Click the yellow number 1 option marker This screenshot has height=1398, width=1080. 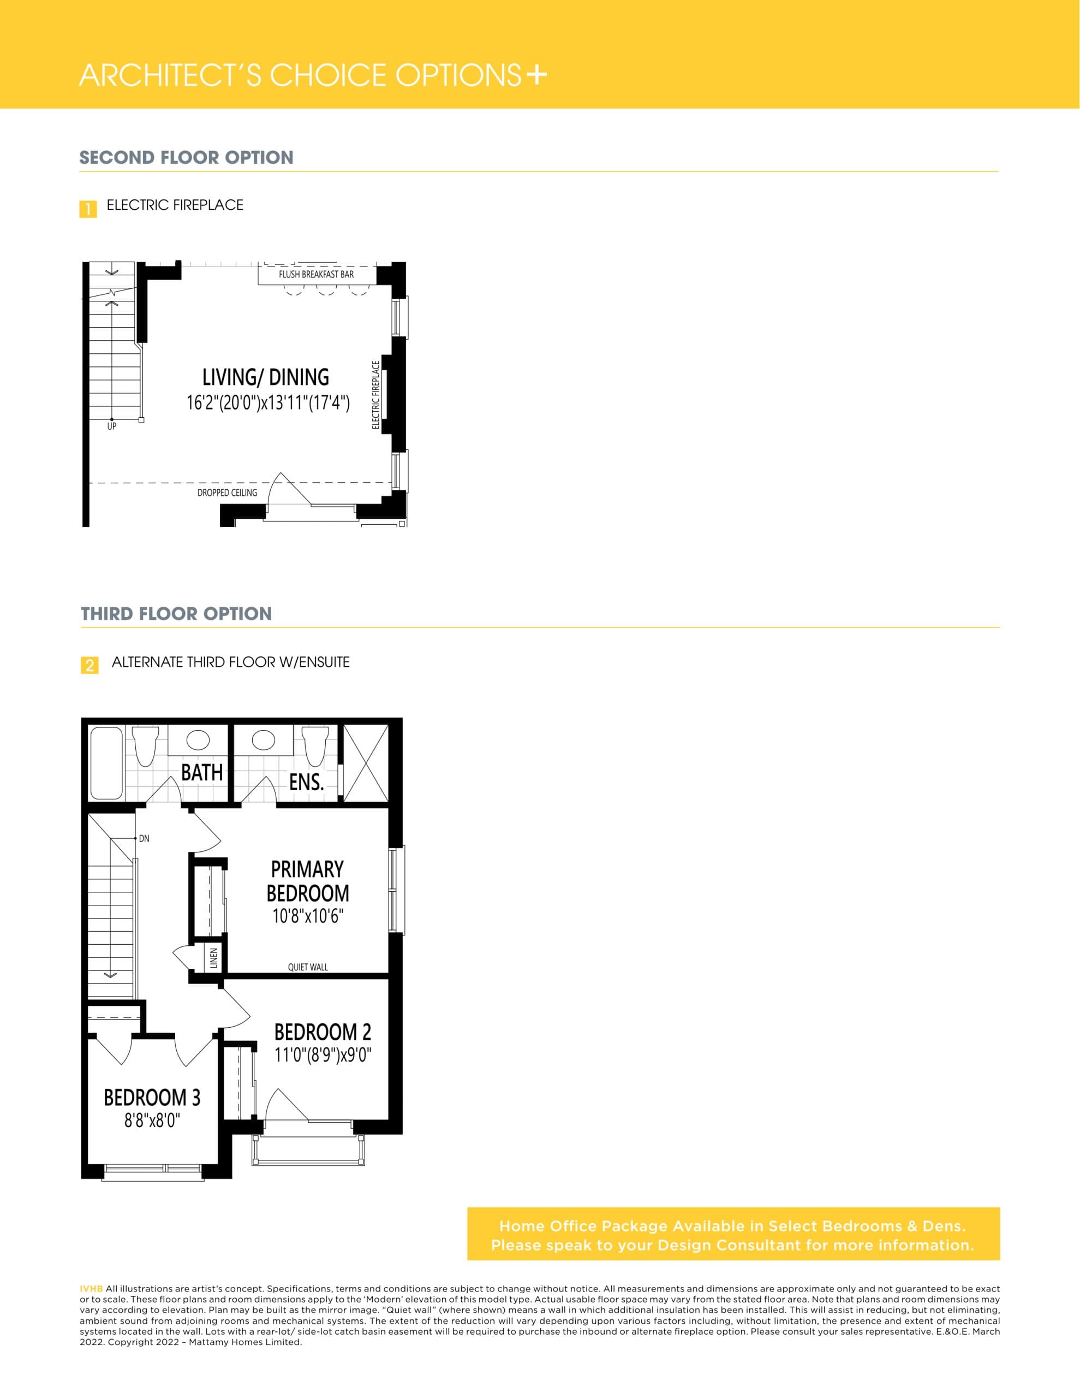(88, 209)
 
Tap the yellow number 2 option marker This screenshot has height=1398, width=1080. (89, 665)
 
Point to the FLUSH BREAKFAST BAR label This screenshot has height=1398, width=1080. (316, 274)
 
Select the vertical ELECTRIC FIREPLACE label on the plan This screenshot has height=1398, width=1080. (376, 395)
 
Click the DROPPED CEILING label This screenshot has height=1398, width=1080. (227, 492)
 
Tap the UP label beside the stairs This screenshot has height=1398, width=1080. (112, 426)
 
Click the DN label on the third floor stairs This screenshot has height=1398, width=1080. (144, 839)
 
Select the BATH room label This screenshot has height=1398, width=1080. (201, 773)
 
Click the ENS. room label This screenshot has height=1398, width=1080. (306, 781)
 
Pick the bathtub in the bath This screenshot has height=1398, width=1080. (106, 763)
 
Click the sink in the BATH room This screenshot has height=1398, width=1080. (198, 741)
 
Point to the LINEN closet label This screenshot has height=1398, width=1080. (214, 958)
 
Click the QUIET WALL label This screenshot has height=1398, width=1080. (308, 967)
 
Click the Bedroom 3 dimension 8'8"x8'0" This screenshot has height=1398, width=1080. (152, 1120)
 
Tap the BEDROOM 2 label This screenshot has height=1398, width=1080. (323, 1032)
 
